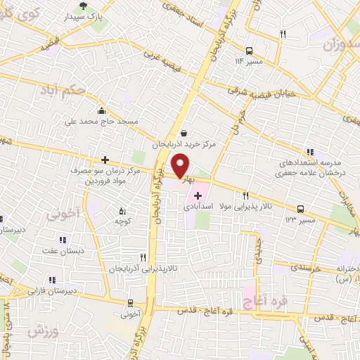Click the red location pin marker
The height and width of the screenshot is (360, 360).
[181, 165]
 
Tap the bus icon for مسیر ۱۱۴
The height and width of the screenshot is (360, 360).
[249, 50]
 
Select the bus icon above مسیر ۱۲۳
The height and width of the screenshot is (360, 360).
[300, 209]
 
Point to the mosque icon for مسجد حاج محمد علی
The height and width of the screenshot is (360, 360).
[103, 110]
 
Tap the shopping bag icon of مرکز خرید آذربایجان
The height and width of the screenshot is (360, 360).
[184, 132]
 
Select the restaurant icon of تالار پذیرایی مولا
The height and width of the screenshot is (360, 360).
[245, 196]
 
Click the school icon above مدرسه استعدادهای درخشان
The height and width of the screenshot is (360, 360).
[309, 151]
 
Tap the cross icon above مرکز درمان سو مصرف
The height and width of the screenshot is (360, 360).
[105, 160]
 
